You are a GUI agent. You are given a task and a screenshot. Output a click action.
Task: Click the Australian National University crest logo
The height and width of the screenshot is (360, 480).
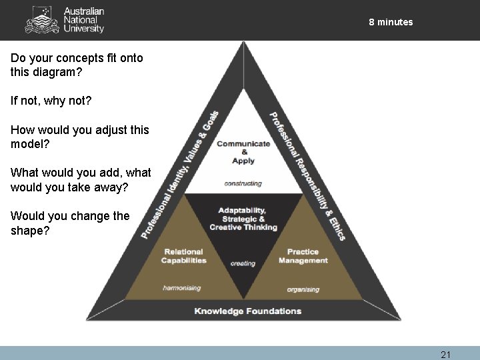[x=41, y=20]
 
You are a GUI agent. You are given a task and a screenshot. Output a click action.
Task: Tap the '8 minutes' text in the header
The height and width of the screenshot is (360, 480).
[x=391, y=22]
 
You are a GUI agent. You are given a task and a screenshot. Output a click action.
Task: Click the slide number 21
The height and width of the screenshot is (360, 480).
[x=445, y=355]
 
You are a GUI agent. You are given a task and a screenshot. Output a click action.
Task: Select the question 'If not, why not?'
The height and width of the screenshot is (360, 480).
[x=51, y=101]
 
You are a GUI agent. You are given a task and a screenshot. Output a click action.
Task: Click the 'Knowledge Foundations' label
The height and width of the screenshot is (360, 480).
[x=247, y=311]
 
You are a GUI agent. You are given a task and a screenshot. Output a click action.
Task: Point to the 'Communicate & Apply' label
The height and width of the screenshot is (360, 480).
[x=243, y=151]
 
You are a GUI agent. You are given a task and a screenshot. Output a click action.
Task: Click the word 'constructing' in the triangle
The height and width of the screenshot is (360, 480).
[x=243, y=183]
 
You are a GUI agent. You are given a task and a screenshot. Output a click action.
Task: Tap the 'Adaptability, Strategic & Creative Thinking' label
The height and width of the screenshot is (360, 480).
[x=243, y=219]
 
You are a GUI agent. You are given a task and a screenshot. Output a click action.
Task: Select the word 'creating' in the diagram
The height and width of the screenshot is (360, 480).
[x=243, y=263]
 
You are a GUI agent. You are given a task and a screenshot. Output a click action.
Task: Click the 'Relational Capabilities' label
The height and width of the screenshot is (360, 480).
[x=183, y=256]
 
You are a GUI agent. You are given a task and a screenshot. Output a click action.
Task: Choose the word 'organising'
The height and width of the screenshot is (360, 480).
[x=303, y=289]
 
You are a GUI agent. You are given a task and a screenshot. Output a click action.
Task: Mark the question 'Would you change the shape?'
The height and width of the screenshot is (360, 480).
[x=70, y=223]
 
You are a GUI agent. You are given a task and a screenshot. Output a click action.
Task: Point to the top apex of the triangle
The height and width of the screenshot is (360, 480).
[x=243, y=45]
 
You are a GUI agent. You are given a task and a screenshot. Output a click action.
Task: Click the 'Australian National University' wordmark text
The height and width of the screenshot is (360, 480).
[x=83, y=20]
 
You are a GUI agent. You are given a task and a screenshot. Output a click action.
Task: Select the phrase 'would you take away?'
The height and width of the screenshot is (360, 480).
[x=67, y=187]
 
